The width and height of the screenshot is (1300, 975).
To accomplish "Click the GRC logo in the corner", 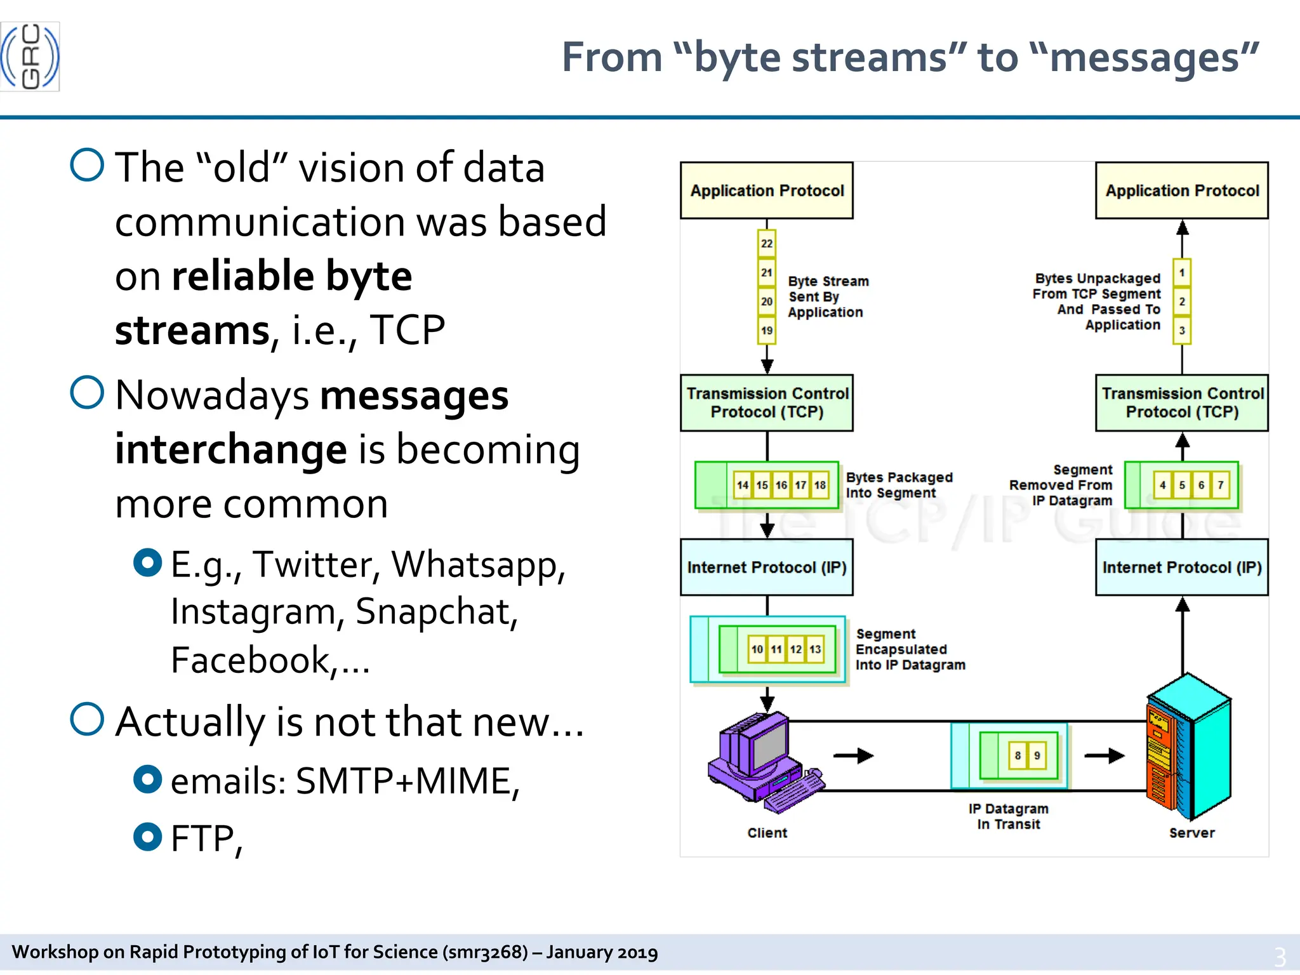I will pyautogui.click(x=30, y=56).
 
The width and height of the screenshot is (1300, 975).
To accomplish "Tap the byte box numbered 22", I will pyautogui.click(x=767, y=244).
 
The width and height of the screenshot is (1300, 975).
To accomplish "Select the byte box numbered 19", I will pyautogui.click(x=767, y=330).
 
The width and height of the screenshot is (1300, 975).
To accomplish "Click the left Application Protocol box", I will pyautogui.click(x=767, y=190).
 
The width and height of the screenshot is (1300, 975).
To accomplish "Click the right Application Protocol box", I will pyautogui.click(x=1181, y=190).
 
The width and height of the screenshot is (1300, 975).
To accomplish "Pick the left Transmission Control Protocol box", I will pyautogui.click(x=767, y=402).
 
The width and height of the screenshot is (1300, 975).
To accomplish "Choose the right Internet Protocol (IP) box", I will pyautogui.click(x=1181, y=567).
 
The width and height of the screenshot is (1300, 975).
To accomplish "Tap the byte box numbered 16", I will pyautogui.click(x=781, y=485).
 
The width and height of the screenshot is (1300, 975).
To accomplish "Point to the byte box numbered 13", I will pyautogui.click(x=815, y=649).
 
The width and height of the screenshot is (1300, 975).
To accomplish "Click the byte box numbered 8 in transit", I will pyautogui.click(x=1018, y=755).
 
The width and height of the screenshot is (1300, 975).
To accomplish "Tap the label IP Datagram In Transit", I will pyautogui.click(x=1008, y=816).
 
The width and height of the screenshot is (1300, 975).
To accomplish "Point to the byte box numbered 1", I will pyautogui.click(x=1181, y=273).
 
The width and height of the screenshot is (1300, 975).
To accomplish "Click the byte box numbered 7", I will pyautogui.click(x=1220, y=485).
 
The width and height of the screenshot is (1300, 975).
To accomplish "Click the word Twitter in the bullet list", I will pyautogui.click(x=316, y=564).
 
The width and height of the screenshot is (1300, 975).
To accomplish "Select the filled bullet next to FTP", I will pyautogui.click(x=148, y=837).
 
